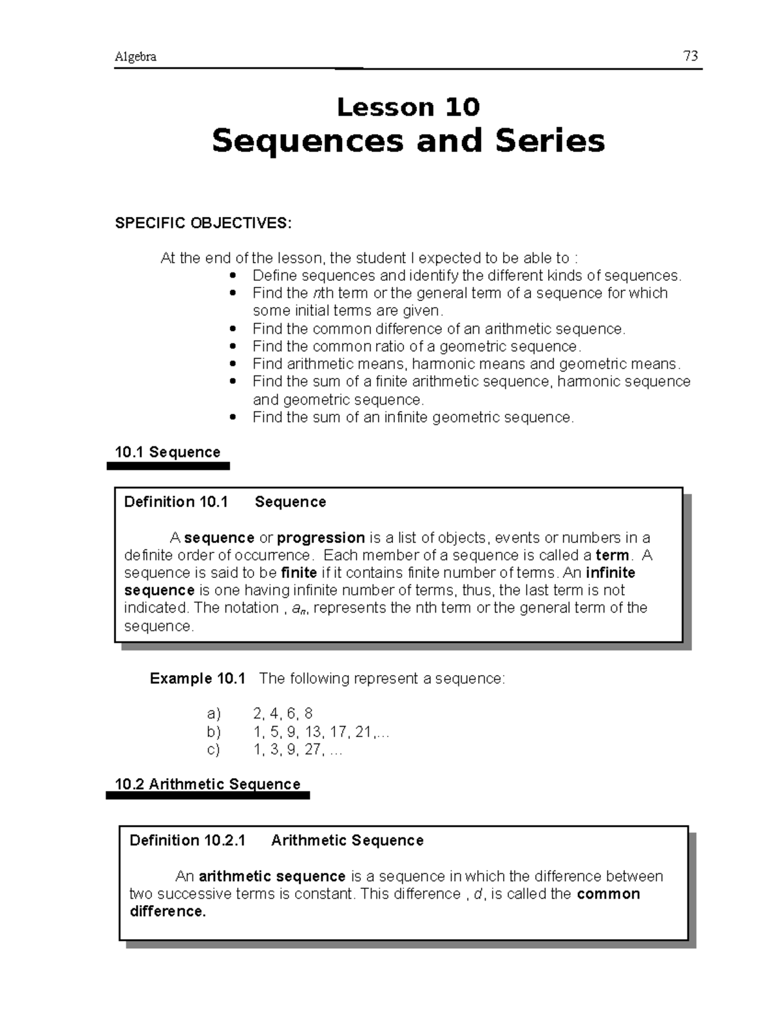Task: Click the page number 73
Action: point(691,56)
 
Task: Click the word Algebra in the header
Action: point(136,57)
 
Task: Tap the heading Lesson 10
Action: point(408,107)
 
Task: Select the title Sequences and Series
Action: point(408,141)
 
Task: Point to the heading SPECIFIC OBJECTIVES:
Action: point(203,223)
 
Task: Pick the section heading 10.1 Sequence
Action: point(167,452)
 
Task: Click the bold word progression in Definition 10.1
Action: point(321,538)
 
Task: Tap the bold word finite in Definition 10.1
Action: point(298,573)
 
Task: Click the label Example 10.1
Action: point(197,678)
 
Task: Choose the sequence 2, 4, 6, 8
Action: point(283,714)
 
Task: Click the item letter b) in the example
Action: point(214,732)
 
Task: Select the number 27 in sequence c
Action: point(313,749)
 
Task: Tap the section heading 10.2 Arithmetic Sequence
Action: point(207,784)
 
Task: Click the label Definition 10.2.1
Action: point(188,841)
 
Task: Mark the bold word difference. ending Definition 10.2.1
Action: point(167,912)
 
